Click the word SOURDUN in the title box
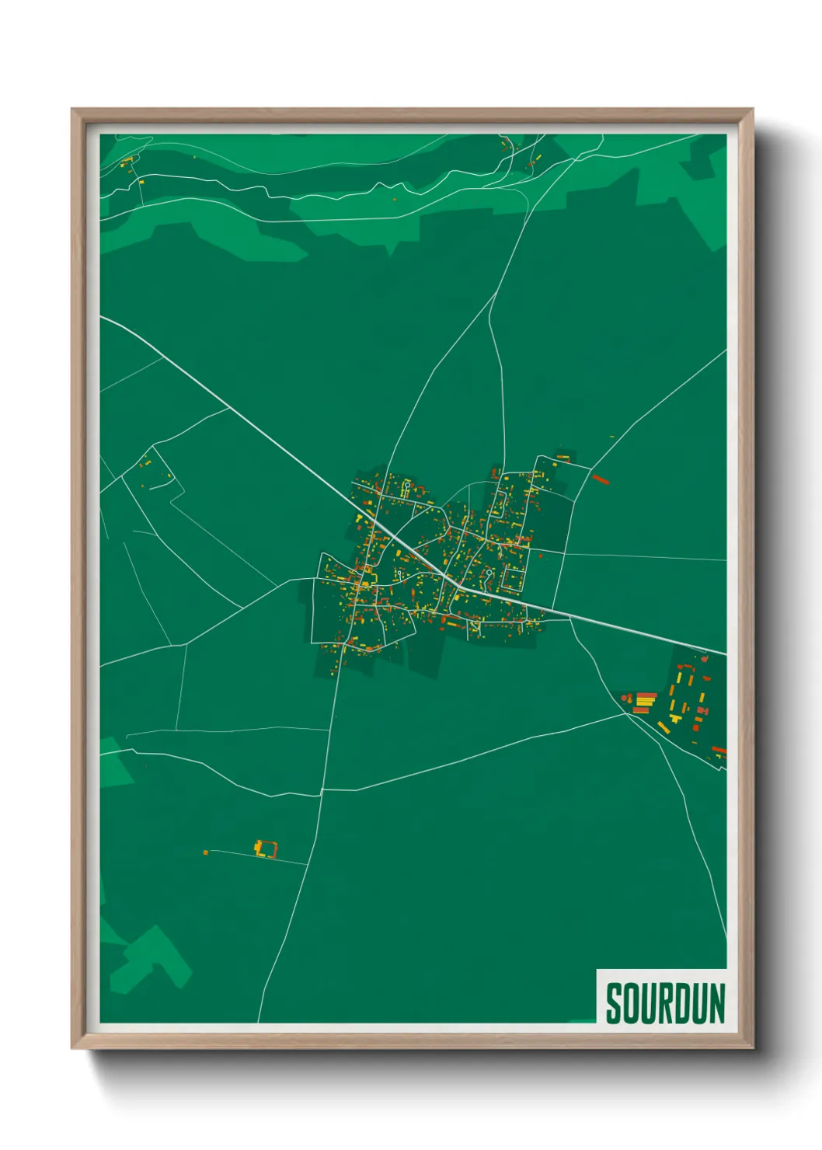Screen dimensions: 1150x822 pyautogui.click(x=665, y=1003)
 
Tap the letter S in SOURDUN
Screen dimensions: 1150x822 pyautogui.click(x=613, y=1003)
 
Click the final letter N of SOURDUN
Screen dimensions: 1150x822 pyautogui.click(x=716, y=1003)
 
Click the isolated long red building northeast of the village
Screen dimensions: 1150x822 pyautogui.click(x=600, y=479)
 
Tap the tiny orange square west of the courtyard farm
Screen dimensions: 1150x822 pyautogui.click(x=206, y=852)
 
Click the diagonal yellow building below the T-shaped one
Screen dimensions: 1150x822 pyautogui.click(x=664, y=728)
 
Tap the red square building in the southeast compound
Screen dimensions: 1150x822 pyautogui.click(x=702, y=710)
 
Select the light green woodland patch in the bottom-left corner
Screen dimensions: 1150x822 pyautogui.click(x=152, y=960)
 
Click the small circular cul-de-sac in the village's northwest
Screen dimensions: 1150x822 pyautogui.click(x=406, y=485)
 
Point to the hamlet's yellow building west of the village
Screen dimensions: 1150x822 pyautogui.click(x=145, y=465)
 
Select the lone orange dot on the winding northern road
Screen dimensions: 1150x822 pyautogui.click(x=394, y=200)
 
